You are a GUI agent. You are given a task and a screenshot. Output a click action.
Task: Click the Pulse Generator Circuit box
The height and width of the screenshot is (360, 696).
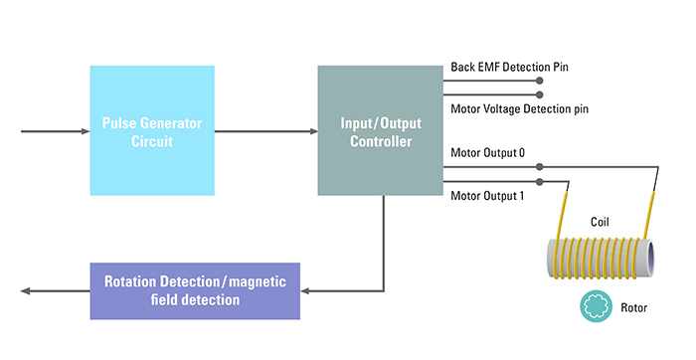point(152,130)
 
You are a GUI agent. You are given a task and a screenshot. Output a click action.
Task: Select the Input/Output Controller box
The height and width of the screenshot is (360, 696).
point(380,130)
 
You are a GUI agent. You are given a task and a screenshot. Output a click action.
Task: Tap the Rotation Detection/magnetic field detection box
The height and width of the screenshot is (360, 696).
point(195,290)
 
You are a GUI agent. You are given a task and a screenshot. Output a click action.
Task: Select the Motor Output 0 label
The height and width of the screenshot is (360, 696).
point(488,153)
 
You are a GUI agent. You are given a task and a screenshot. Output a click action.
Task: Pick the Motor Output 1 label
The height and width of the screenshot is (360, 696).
point(488,195)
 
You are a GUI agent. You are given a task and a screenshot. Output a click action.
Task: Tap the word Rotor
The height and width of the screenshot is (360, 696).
point(632,308)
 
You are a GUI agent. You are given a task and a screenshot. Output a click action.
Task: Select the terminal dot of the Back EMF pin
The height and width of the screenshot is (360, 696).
point(540,81)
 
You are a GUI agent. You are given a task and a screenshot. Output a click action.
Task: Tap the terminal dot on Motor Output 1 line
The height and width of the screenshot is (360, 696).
point(540,182)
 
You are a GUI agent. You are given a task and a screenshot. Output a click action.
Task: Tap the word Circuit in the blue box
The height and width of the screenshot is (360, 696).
point(152,141)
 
